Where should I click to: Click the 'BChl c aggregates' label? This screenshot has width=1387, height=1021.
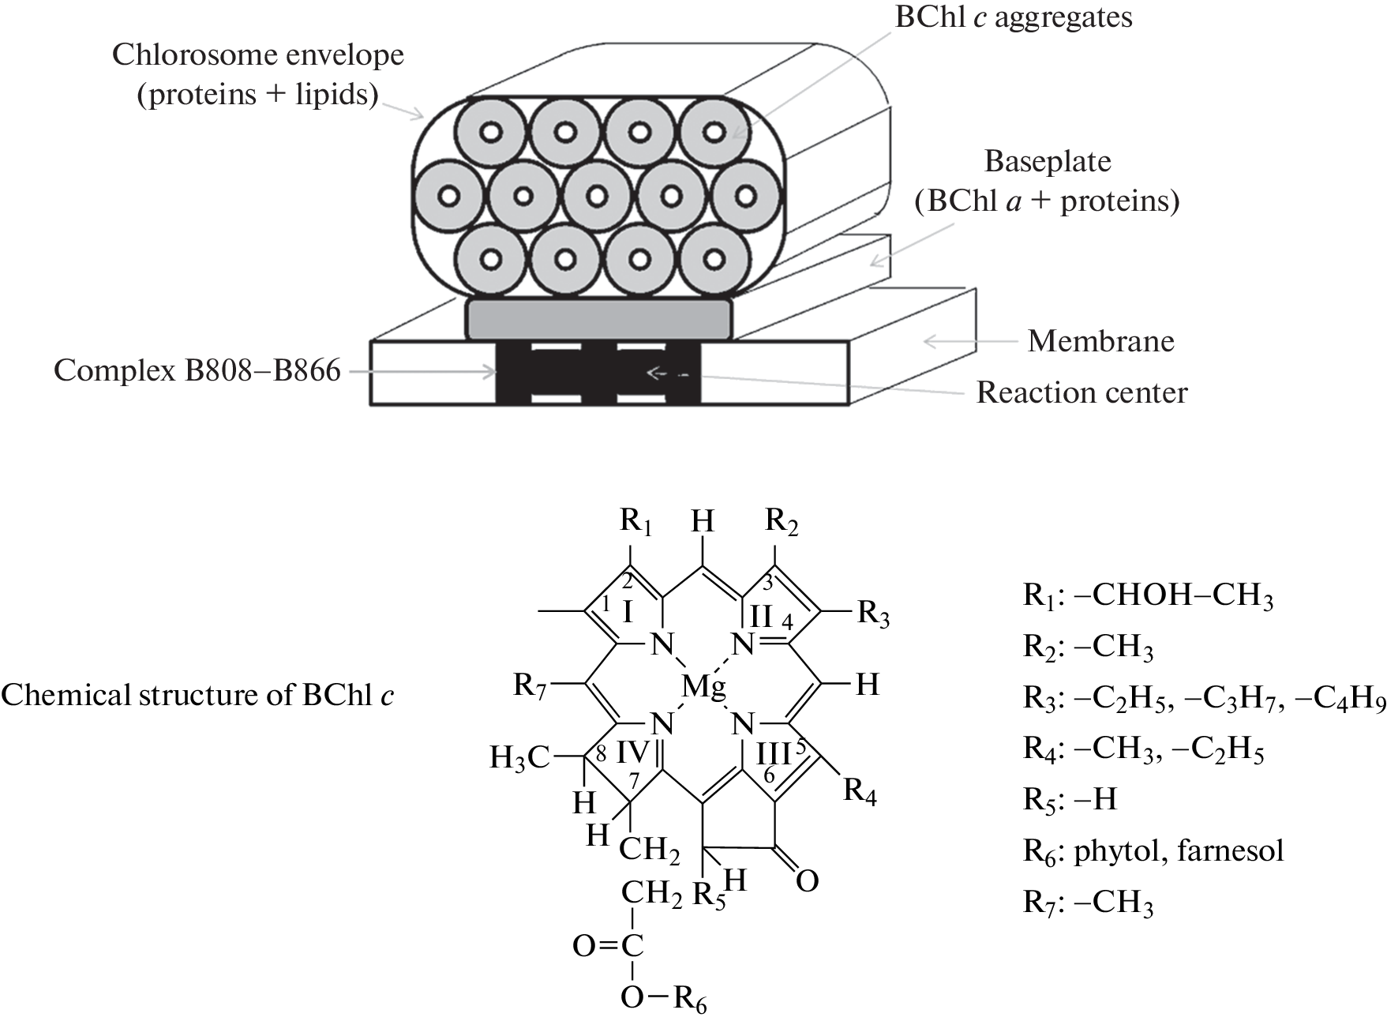[x=1013, y=17]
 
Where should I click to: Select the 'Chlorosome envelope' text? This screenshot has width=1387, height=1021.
[x=257, y=54]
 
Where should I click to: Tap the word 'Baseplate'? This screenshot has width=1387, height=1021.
[x=1047, y=162]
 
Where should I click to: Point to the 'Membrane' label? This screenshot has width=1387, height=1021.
[x=1100, y=341]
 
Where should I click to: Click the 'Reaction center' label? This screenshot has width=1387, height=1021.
[x=1081, y=392]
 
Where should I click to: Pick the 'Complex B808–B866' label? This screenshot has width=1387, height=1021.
[x=197, y=370]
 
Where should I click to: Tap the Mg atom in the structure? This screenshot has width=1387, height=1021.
[x=703, y=686]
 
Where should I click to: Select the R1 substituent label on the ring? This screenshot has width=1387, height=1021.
[x=635, y=521]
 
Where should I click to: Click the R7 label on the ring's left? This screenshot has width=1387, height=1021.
[x=530, y=685]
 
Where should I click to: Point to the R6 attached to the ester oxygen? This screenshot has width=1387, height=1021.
[x=690, y=1000]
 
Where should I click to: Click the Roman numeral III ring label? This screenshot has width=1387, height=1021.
[x=773, y=754]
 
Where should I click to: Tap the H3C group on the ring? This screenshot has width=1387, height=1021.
[x=519, y=758]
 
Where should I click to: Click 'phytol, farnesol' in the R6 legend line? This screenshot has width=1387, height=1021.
[x=1179, y=850]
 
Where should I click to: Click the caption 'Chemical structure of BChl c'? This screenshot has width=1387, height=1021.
[x=197, y=695]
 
